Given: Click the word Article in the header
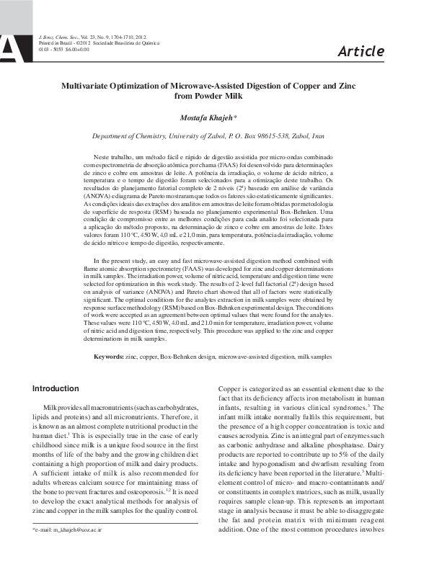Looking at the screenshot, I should coord(361,50).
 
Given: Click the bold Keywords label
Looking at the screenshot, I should coord(109,357).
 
